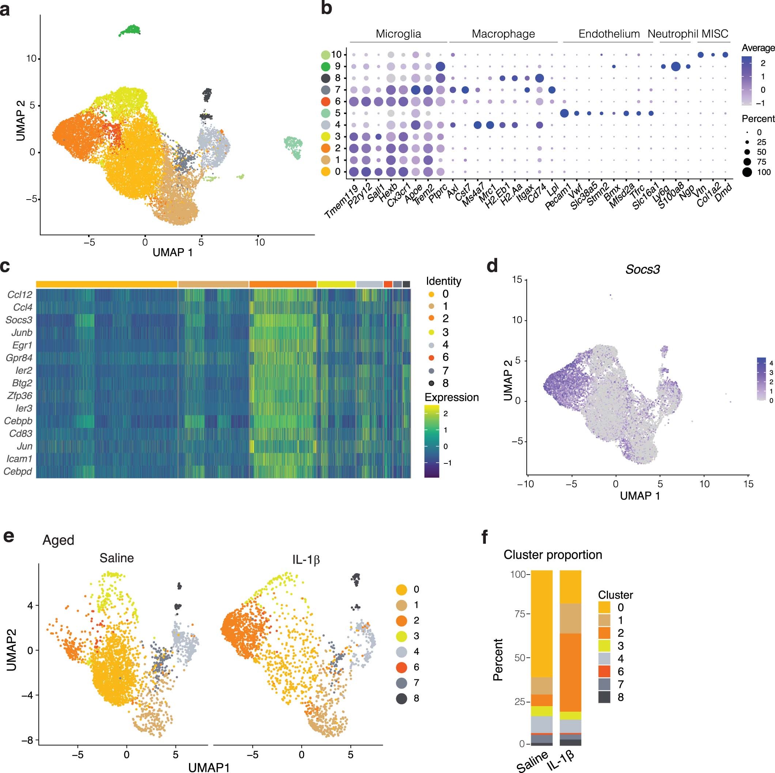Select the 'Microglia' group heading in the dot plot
tap(398, 34)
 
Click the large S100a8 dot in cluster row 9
tap(676, 67)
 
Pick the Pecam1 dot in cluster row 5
tap(564, 114)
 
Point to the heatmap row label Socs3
tap(19, 320)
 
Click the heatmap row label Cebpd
tap(18, 471)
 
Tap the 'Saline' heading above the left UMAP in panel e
tap(117, 558)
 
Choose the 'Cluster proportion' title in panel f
tap(553, 555)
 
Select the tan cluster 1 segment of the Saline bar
tap(541, 686)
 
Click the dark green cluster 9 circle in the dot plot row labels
tap(326, 67)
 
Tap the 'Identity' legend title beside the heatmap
tap(443, 281)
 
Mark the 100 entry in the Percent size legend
tap(764, 172)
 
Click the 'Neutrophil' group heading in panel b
tap(673, 34)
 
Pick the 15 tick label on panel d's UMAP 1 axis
tap(748, 484)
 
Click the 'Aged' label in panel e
tap(58, 540)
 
